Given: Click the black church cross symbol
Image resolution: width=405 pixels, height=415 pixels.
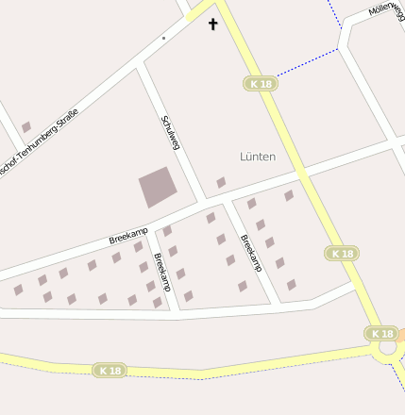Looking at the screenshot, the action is point(212,24).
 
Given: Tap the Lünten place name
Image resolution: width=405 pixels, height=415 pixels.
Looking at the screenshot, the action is point(258,157).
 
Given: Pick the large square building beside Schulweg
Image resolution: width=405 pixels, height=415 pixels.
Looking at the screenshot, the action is point(157,187).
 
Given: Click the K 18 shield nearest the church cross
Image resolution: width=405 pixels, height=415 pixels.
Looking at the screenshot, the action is point(261,84).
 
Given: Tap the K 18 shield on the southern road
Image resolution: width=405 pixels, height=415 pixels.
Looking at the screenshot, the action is point(110,371).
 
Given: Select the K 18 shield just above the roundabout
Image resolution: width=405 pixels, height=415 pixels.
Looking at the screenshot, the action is point(381,333).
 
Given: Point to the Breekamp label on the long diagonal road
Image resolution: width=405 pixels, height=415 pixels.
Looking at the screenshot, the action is point(128,235).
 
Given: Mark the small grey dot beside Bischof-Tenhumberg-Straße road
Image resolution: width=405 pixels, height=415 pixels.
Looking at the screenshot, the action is point(163,38).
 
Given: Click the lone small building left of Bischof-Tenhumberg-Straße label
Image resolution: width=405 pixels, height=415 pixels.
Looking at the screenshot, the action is point(26,126).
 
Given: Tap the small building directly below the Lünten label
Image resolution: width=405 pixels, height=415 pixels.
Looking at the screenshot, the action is point(221,182).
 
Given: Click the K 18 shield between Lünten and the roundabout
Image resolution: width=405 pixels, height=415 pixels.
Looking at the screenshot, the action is point(342,253).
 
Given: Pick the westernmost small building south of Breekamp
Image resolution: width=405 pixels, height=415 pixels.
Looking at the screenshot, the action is point(18,290).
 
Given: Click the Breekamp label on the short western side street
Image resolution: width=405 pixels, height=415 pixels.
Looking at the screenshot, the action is point(161,271).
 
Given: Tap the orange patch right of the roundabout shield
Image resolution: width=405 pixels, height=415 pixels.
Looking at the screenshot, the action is point(401,334).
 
